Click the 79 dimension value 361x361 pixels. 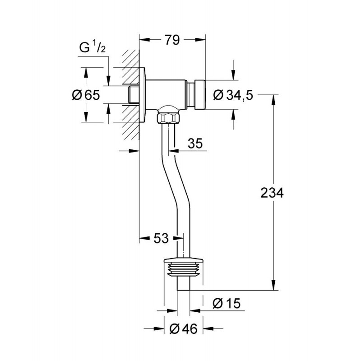pos(172,40)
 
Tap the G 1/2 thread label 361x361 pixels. pos(93,48)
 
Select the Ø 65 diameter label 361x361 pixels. pos(86,95)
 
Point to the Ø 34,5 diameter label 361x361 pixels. pos(233,95)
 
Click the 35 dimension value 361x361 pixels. pos(195,143)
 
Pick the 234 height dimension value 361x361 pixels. pos(272,193)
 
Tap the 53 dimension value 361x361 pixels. pos(161,238)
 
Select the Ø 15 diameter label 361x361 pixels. pos(227,303)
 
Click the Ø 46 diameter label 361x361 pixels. pos(184,329)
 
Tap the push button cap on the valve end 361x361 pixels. pos(200,94)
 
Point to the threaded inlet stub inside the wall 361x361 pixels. pos(133,94)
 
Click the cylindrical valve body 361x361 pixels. pos(166,94)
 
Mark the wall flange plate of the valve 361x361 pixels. pos(142,94)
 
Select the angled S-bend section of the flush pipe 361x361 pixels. pos(176,182)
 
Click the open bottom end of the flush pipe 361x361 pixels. pos(184,290)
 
